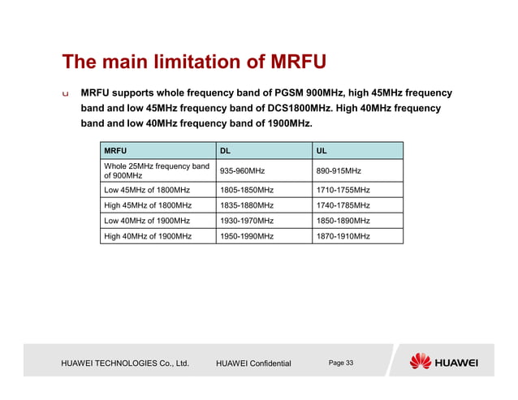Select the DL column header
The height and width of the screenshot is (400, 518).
tap(226, 151)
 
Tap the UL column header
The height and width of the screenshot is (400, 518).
tap(323, 151)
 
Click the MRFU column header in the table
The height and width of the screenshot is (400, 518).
tap(115, 151)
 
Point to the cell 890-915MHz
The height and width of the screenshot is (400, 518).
tap(339, 171)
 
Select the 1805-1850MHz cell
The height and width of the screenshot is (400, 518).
tap(247, 190)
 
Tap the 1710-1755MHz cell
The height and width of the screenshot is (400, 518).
tap(343, 190)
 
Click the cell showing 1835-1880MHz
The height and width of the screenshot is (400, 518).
tap(247, 205)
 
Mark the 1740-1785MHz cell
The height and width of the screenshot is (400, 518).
tap(343, 205)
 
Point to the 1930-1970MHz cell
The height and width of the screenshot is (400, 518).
tap(247, 221)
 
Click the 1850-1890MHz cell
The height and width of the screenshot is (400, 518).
tap(343, 221)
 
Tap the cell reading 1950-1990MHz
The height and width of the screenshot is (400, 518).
tap(247, 236)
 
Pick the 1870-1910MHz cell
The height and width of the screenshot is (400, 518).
tap(343, 236)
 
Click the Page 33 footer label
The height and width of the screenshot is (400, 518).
tap(341, 362)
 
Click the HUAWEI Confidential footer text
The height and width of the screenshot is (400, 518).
tap(253, 363)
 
